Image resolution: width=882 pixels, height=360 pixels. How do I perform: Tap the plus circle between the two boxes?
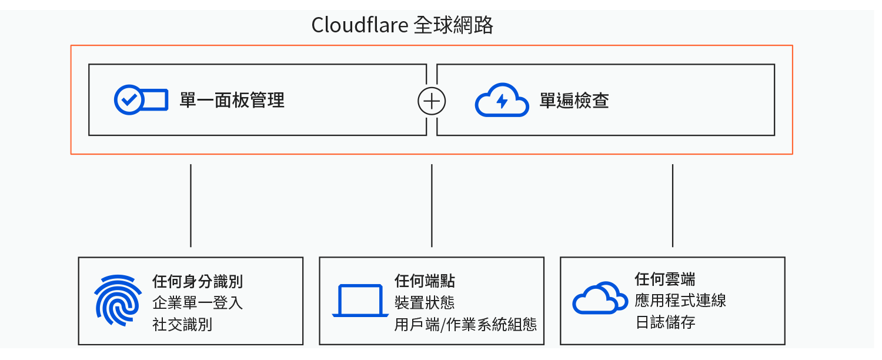click(432, 101)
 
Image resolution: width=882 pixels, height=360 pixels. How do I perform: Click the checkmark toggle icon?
click(141, 100)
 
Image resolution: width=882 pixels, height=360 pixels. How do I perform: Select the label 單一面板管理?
click(232, 101)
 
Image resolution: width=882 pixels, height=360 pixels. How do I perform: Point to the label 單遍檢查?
click(574, 101)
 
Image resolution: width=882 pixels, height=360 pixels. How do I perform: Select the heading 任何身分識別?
click(198, 281)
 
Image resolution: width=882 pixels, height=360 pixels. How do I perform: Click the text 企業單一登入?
click(198, 303)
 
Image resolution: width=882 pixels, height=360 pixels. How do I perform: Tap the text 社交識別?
click(182, 325)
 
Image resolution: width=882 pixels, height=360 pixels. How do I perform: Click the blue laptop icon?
click(360, 301)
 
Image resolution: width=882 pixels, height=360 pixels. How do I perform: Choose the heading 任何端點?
click(425, 281)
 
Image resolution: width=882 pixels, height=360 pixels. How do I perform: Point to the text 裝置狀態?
click(425, 302)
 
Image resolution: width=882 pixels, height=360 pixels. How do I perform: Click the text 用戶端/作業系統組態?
click(466, 325)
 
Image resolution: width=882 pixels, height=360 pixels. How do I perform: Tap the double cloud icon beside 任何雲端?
click(600, 298)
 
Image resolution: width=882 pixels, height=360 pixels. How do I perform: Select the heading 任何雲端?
click(666, 279)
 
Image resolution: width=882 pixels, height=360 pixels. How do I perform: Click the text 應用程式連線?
click(681, 301)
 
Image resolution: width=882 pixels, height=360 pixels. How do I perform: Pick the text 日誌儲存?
click(666, 322)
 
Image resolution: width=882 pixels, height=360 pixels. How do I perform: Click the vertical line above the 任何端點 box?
click(432, 205)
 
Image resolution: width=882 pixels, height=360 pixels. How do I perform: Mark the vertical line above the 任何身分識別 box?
click(191, 205)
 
